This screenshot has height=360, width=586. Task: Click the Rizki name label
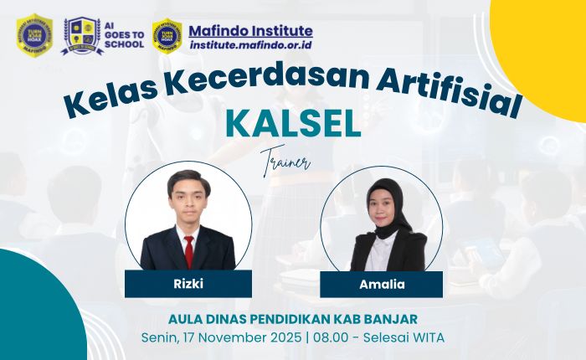tap(188, 284)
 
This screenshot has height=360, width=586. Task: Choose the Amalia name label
tap(381, 284)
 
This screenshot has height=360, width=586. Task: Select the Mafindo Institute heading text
tap(250, 31)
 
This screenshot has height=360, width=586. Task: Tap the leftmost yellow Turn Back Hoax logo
tap(34, 35)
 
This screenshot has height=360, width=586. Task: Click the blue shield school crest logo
tap(82, 35)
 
